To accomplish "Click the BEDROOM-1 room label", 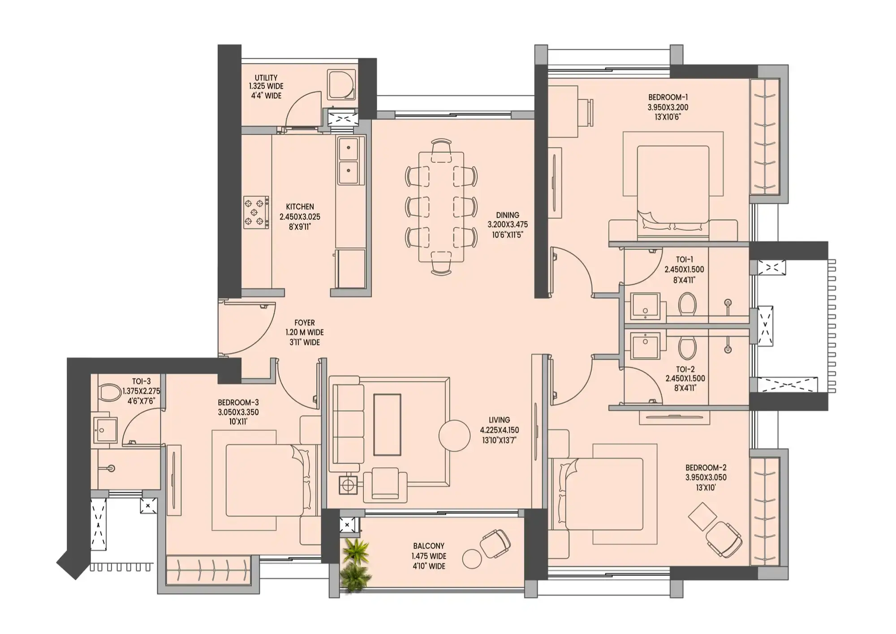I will pyautogui.click(x=668, y=97).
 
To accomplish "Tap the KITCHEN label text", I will pyautogui.click(x=300, y=207).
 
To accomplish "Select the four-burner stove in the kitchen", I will pyautogui.click(x=256, y=212).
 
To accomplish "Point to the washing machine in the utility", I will pyautogui.click(x=342, y=85).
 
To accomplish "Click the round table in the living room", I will pyautogui.click(x=454, y=435).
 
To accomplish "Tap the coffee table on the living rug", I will pyautogui.click(x=387, y=424).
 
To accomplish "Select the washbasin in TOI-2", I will pyautogui.click(x=645, y=346).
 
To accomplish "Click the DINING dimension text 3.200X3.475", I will pyautogui.click(x=508, y=225).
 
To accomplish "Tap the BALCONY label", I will pyautogui.click(x=429, y=546).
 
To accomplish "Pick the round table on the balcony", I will pyautogui.click(x=472, y=559).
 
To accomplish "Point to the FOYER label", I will pyautogui.click(x=304, y=323).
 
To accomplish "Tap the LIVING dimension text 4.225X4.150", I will pyautogui.click(x=499, y=430).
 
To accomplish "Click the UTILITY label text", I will pyautogui.click(x=266, y=78).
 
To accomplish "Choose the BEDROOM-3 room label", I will pyautogui.click(x=238, y=403).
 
